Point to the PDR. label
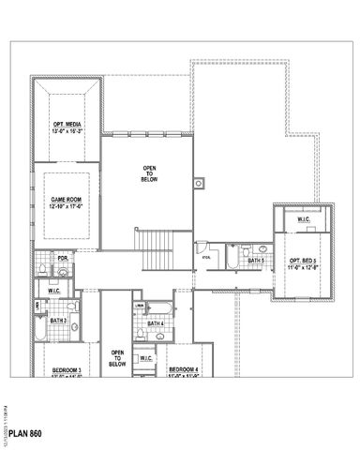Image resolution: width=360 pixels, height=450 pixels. point(62,258)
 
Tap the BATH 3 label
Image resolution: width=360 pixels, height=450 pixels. point(58,321)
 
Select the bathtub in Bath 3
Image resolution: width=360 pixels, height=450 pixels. point(38,324)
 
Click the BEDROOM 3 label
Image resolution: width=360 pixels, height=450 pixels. point(67,370)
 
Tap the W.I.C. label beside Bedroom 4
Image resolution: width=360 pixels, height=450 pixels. point(146,358)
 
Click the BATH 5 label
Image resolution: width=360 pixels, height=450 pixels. point(256,260)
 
